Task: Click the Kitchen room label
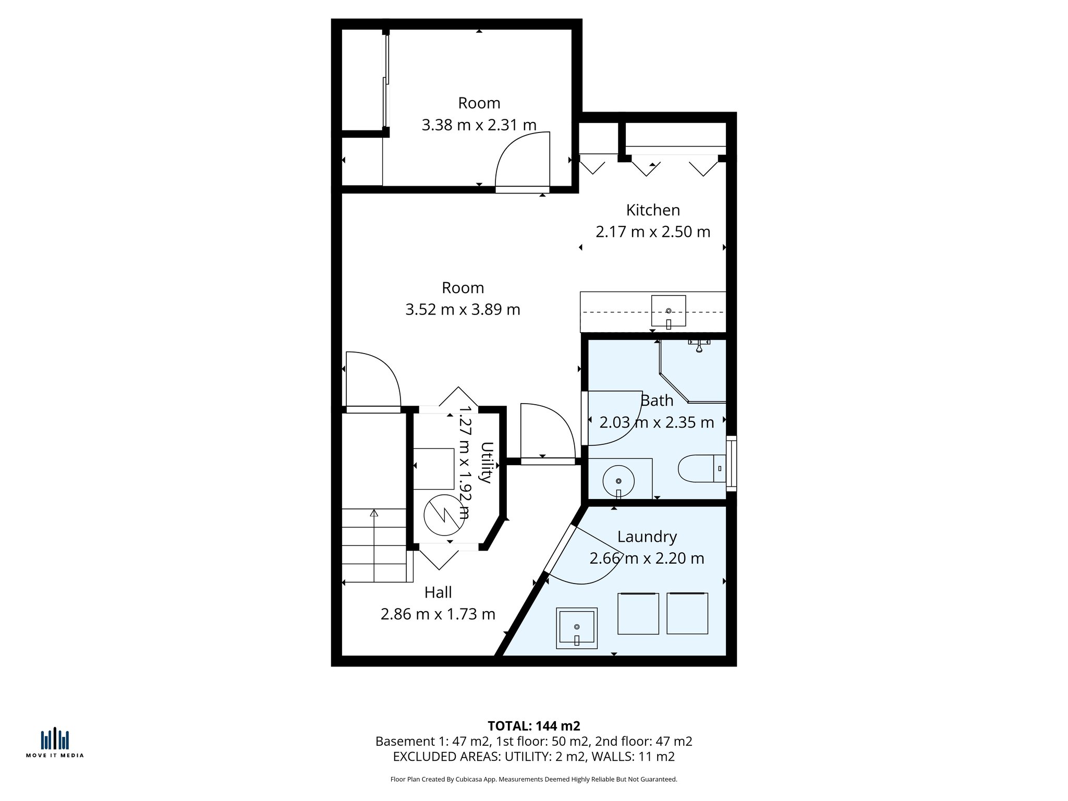653,210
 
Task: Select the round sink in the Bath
618,481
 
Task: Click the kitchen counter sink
668,311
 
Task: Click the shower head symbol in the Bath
699,346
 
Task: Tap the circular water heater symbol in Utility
444,515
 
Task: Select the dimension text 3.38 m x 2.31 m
479,125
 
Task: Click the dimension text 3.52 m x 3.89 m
463,310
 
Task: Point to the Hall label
438,592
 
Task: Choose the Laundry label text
647,537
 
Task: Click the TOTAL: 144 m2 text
533,726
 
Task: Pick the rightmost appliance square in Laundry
687,613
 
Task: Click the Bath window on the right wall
731,464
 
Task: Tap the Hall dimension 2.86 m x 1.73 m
438,614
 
